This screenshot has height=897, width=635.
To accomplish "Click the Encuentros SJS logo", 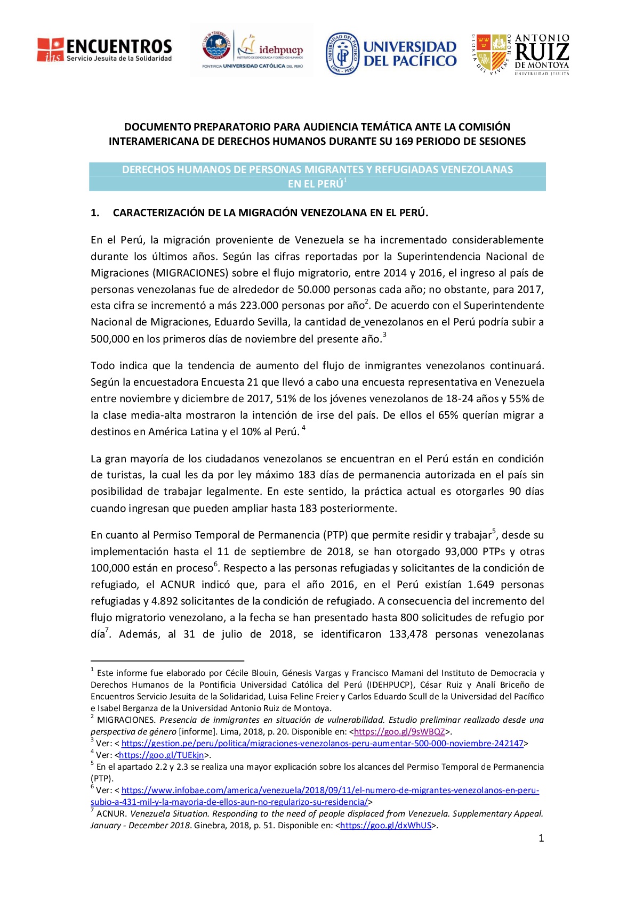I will click(105, 50).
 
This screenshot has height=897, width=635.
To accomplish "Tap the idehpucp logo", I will click(252, 50).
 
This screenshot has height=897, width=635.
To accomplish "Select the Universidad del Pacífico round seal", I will click(342, 53).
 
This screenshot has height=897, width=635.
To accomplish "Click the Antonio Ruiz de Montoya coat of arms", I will click(492, 54).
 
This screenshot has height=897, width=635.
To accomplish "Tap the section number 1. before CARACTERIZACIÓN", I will click(95, 213).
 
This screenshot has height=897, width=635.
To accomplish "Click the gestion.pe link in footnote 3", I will click(322, 743).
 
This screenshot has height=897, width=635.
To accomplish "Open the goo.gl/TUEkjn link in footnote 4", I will click(162, 755).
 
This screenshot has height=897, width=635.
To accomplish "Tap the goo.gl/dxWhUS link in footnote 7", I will click(385, 825).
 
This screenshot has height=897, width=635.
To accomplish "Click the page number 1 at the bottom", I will click(541, 838).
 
